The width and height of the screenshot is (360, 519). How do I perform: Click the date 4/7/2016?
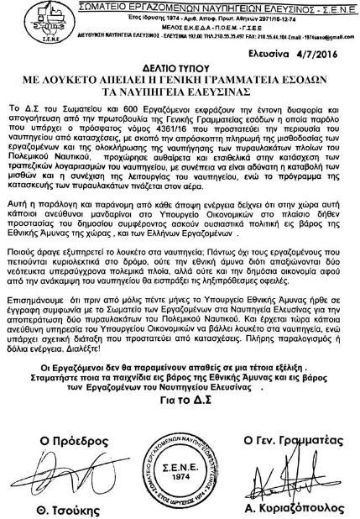(x=330, y=52)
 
